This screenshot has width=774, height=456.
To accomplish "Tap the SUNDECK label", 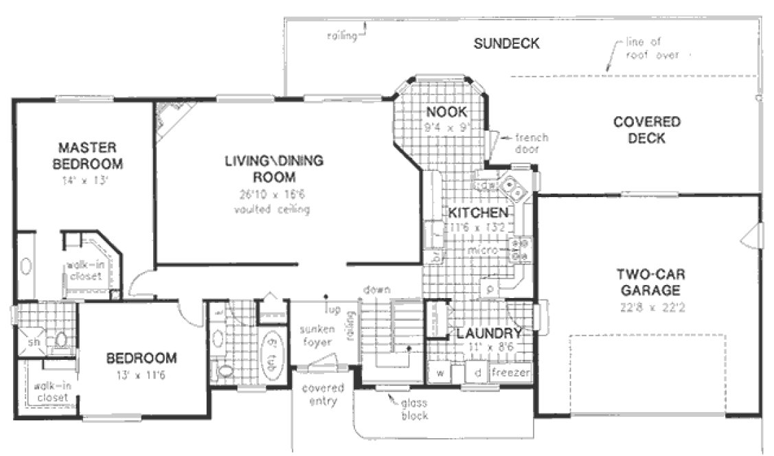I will point(506,44).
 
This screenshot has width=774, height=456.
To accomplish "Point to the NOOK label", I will point(446,112).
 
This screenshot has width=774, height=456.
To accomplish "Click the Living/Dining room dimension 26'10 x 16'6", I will point(273,194).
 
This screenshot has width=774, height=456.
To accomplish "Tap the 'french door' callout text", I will point(527,143).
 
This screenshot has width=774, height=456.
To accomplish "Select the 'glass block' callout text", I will point(415,409).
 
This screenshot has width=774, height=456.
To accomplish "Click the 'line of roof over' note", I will point(652,49).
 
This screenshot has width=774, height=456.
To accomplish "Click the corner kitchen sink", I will point(512,185).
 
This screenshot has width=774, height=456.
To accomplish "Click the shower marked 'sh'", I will point(32,341).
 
